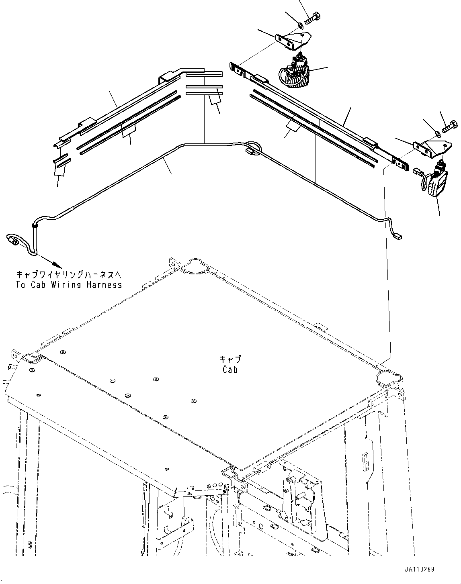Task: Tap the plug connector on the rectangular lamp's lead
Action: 416,172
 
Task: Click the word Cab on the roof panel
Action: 230,370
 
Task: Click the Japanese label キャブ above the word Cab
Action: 230,359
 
